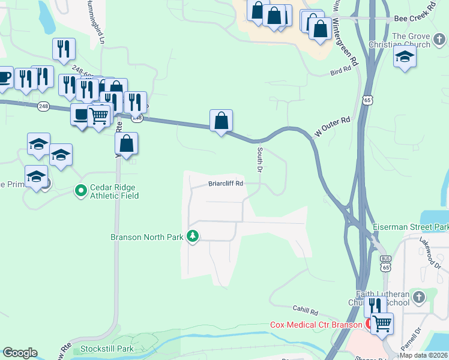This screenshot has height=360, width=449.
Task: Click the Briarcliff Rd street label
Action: pos(226,184)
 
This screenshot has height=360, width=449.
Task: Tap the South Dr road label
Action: pos(261,161)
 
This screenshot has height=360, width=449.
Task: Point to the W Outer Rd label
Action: pos(333,126)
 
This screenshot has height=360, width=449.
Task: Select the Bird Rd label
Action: pos(340,71)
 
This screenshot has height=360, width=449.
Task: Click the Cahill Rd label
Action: pos(305,311)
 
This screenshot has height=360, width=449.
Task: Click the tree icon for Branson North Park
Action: pos(193,236)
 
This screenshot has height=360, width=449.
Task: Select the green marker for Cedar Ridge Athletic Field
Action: pos(81,191)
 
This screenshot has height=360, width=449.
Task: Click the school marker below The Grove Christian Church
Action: pos(405,57)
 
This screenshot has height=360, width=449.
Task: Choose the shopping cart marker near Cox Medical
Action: pos(381,323)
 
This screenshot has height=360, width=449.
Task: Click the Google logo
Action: pos(19,353)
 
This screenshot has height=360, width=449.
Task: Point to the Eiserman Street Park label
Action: pos(411,227)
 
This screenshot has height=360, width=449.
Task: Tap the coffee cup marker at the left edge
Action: pos(4,77)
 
